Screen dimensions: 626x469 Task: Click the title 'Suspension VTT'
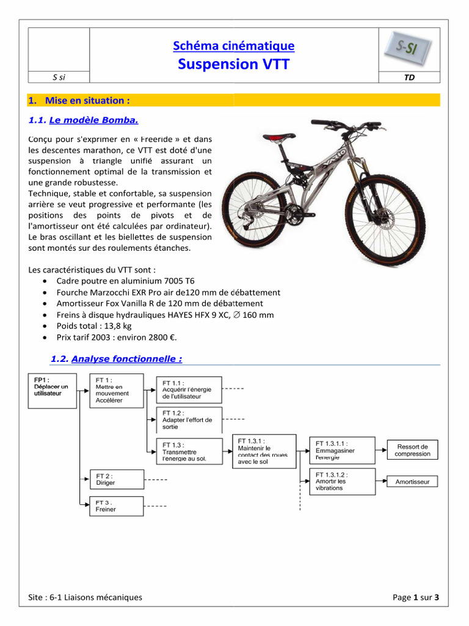click(234, 64)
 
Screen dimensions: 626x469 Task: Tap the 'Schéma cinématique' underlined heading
click(234, 46)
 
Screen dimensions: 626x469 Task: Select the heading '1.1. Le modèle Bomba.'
click(88, 120)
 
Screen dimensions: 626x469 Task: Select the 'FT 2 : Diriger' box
click(117, 479)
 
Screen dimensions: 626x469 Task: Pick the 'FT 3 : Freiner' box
click(117, 506)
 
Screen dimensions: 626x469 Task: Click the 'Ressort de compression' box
click(412, 451)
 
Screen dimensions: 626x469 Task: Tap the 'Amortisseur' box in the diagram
click(412, 482)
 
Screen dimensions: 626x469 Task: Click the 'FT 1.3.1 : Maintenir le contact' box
click(264, 451)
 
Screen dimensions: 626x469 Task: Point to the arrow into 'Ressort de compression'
click(380, 451)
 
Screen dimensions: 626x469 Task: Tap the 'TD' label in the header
click(409, 78)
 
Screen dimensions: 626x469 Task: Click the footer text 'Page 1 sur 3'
click(416, 597)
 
